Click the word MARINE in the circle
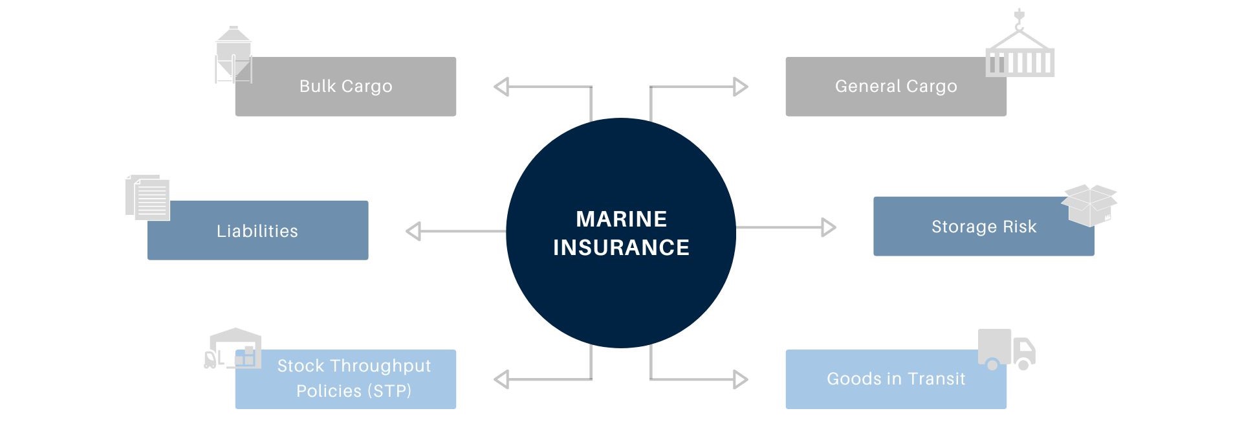coord(621,219)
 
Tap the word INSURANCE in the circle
coord(621,247)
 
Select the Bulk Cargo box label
coord(345,86)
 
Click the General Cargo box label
coord(896,86)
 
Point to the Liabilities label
coord(257,231)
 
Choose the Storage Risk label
coord(984,227)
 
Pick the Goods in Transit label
coord(896,379)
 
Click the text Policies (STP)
coord(354,391)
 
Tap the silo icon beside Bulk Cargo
coord(233,55)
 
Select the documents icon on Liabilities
coord(148,197)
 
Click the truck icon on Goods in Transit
coord(1006,350)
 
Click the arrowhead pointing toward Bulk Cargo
coord(501,87)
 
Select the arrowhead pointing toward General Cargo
coord(741,87)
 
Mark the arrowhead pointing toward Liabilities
coord(413,231)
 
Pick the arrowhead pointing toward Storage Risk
coord(829,227)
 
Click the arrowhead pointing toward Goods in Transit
coord(741,379)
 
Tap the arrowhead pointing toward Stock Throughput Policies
coord(501,379)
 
